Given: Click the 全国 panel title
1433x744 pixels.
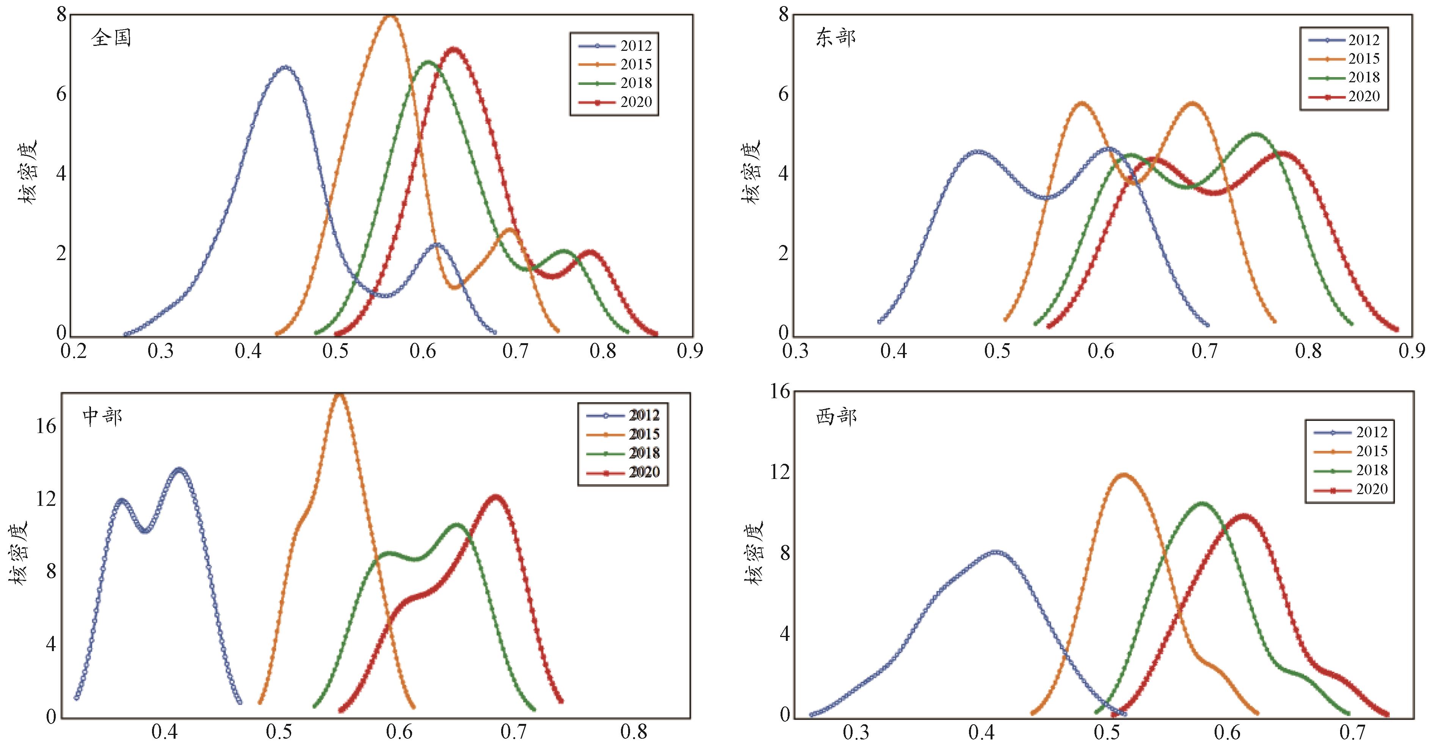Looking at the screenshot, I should [x=111, y=38].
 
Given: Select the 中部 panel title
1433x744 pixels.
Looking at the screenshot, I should [x=102, y=416].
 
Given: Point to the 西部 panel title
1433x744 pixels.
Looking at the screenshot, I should [x=836, y=416].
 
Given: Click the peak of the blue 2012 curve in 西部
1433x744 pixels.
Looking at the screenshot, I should [x=996, y=552].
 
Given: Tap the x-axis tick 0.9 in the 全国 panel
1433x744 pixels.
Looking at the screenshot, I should [x=690, y=352].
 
